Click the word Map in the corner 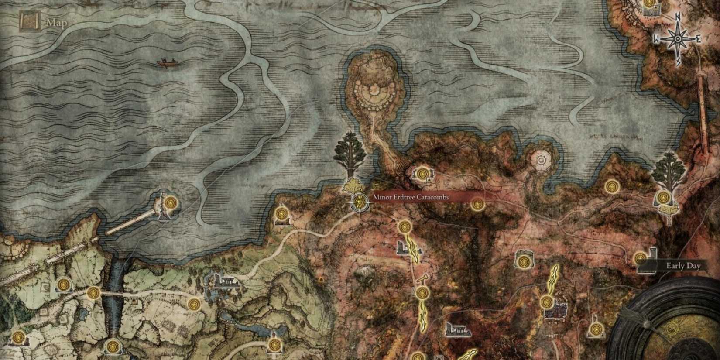click(x=57, y=23)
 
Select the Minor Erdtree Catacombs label click(x=411, y=197)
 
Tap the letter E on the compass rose click(x=698, y=39)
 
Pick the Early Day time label click(x=683, y=266)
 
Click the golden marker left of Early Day click(x=640, y=258)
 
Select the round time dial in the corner click(x=672, y=323)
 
